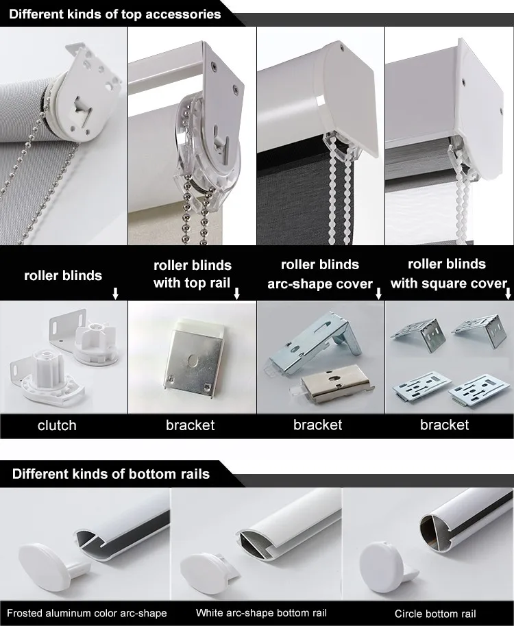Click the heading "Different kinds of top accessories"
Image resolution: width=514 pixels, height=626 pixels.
point(114,14)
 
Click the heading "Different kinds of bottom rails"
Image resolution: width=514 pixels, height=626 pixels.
point(110,474)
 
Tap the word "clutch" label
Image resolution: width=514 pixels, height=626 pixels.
point(57,425)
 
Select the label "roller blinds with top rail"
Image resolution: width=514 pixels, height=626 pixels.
point(192,274)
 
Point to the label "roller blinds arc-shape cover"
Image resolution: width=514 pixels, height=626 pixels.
point(320,274)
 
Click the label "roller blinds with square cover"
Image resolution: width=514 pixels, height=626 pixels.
point(448,273)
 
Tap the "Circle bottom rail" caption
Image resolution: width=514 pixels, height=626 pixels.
point(435,614)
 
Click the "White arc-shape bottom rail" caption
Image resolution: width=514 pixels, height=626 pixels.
point(261,613)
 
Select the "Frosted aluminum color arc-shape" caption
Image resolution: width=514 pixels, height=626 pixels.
point(86,613)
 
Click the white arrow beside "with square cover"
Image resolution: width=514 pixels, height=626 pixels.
point(508,294)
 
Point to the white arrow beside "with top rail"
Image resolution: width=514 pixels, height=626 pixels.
point(236,294)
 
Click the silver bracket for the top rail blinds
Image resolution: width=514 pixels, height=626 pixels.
point(194,358)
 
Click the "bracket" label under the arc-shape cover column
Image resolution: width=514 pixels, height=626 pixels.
point(317,425)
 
